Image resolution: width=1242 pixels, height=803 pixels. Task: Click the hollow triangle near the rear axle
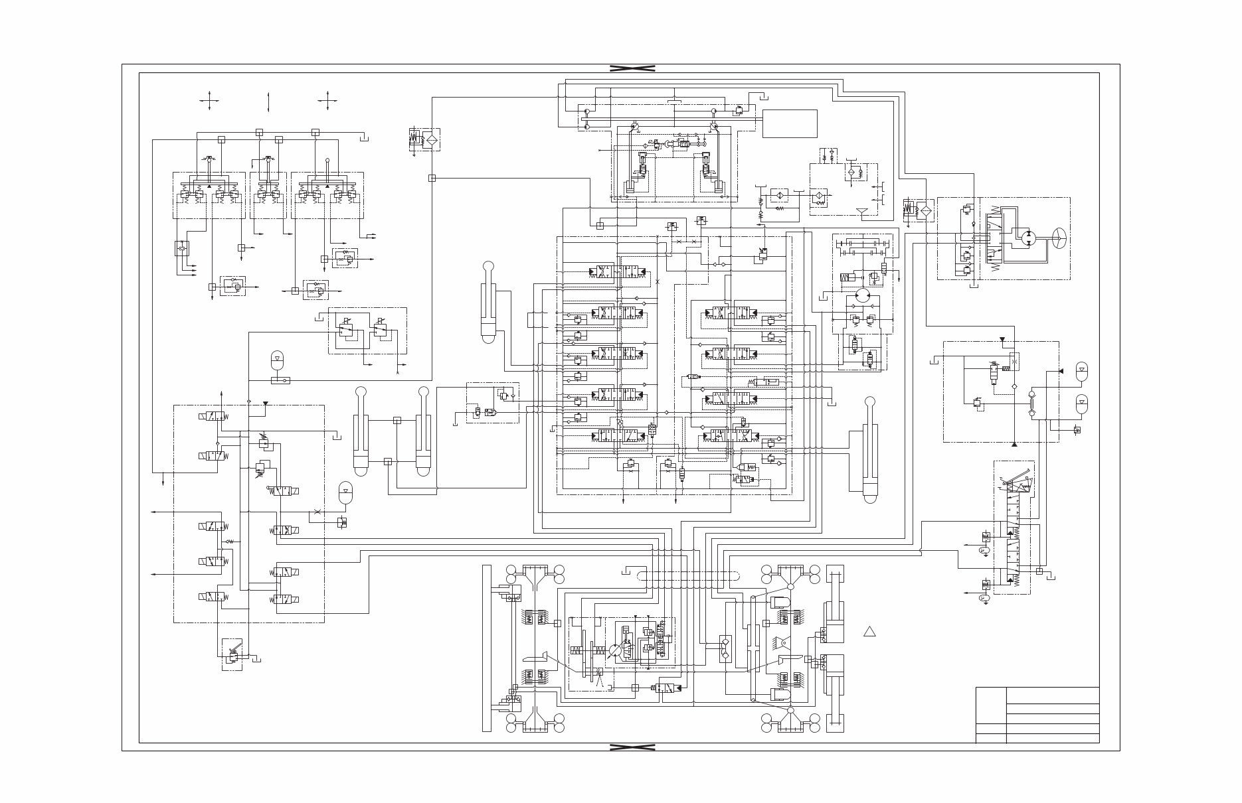869,631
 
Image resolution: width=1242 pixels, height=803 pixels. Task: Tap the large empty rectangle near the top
790,123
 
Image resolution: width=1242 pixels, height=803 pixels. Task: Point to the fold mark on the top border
632,68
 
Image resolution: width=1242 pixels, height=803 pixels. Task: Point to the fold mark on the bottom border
632,747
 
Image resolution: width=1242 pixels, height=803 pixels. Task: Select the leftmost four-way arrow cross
210,102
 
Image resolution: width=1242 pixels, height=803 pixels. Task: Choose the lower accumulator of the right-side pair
1082,403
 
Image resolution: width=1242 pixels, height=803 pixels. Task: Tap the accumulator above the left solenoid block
277,361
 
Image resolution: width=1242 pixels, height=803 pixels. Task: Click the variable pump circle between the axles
616,650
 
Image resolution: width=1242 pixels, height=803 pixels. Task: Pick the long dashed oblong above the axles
688,577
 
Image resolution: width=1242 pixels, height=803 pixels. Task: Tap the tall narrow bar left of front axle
487,648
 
